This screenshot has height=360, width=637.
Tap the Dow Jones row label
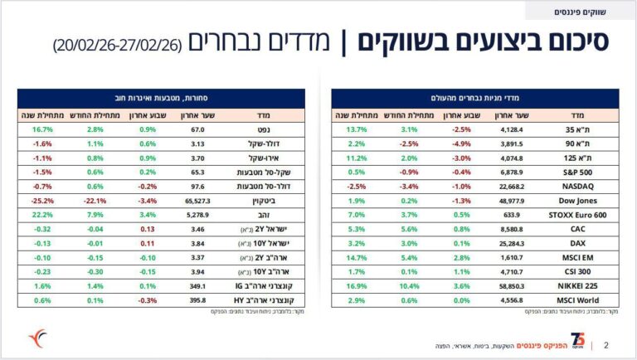click(573, 200)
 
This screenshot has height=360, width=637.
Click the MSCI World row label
click(572, 299)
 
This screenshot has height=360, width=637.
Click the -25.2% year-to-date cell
click(37, 200)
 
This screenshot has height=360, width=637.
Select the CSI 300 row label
click(576, 270)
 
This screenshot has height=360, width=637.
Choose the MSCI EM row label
click(576, 256)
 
